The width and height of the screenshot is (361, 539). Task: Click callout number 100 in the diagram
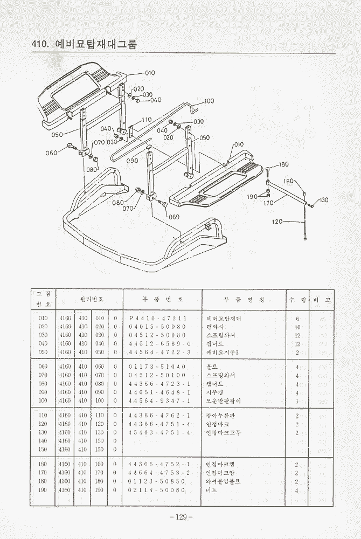[209, 101]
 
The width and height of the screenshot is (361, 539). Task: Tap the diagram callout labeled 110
[146, 120]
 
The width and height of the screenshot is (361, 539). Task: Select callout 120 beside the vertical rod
[277, 222]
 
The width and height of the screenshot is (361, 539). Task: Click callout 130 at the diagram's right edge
[323, 201]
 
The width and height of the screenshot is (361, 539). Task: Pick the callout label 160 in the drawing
[289, 181]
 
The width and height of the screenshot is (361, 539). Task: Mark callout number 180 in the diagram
[283, 164]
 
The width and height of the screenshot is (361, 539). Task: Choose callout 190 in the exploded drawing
[252, 197]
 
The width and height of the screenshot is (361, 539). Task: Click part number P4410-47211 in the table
[158, 319]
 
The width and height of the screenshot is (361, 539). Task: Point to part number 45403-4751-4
[159, 433]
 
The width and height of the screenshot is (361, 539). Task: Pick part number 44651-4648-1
[159, 392]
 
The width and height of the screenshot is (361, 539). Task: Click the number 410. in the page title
[41, 44]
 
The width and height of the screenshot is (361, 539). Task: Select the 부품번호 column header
[163, 299]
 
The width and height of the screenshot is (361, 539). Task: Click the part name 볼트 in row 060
[212, 367]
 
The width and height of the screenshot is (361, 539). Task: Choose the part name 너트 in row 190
[212, 490]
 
